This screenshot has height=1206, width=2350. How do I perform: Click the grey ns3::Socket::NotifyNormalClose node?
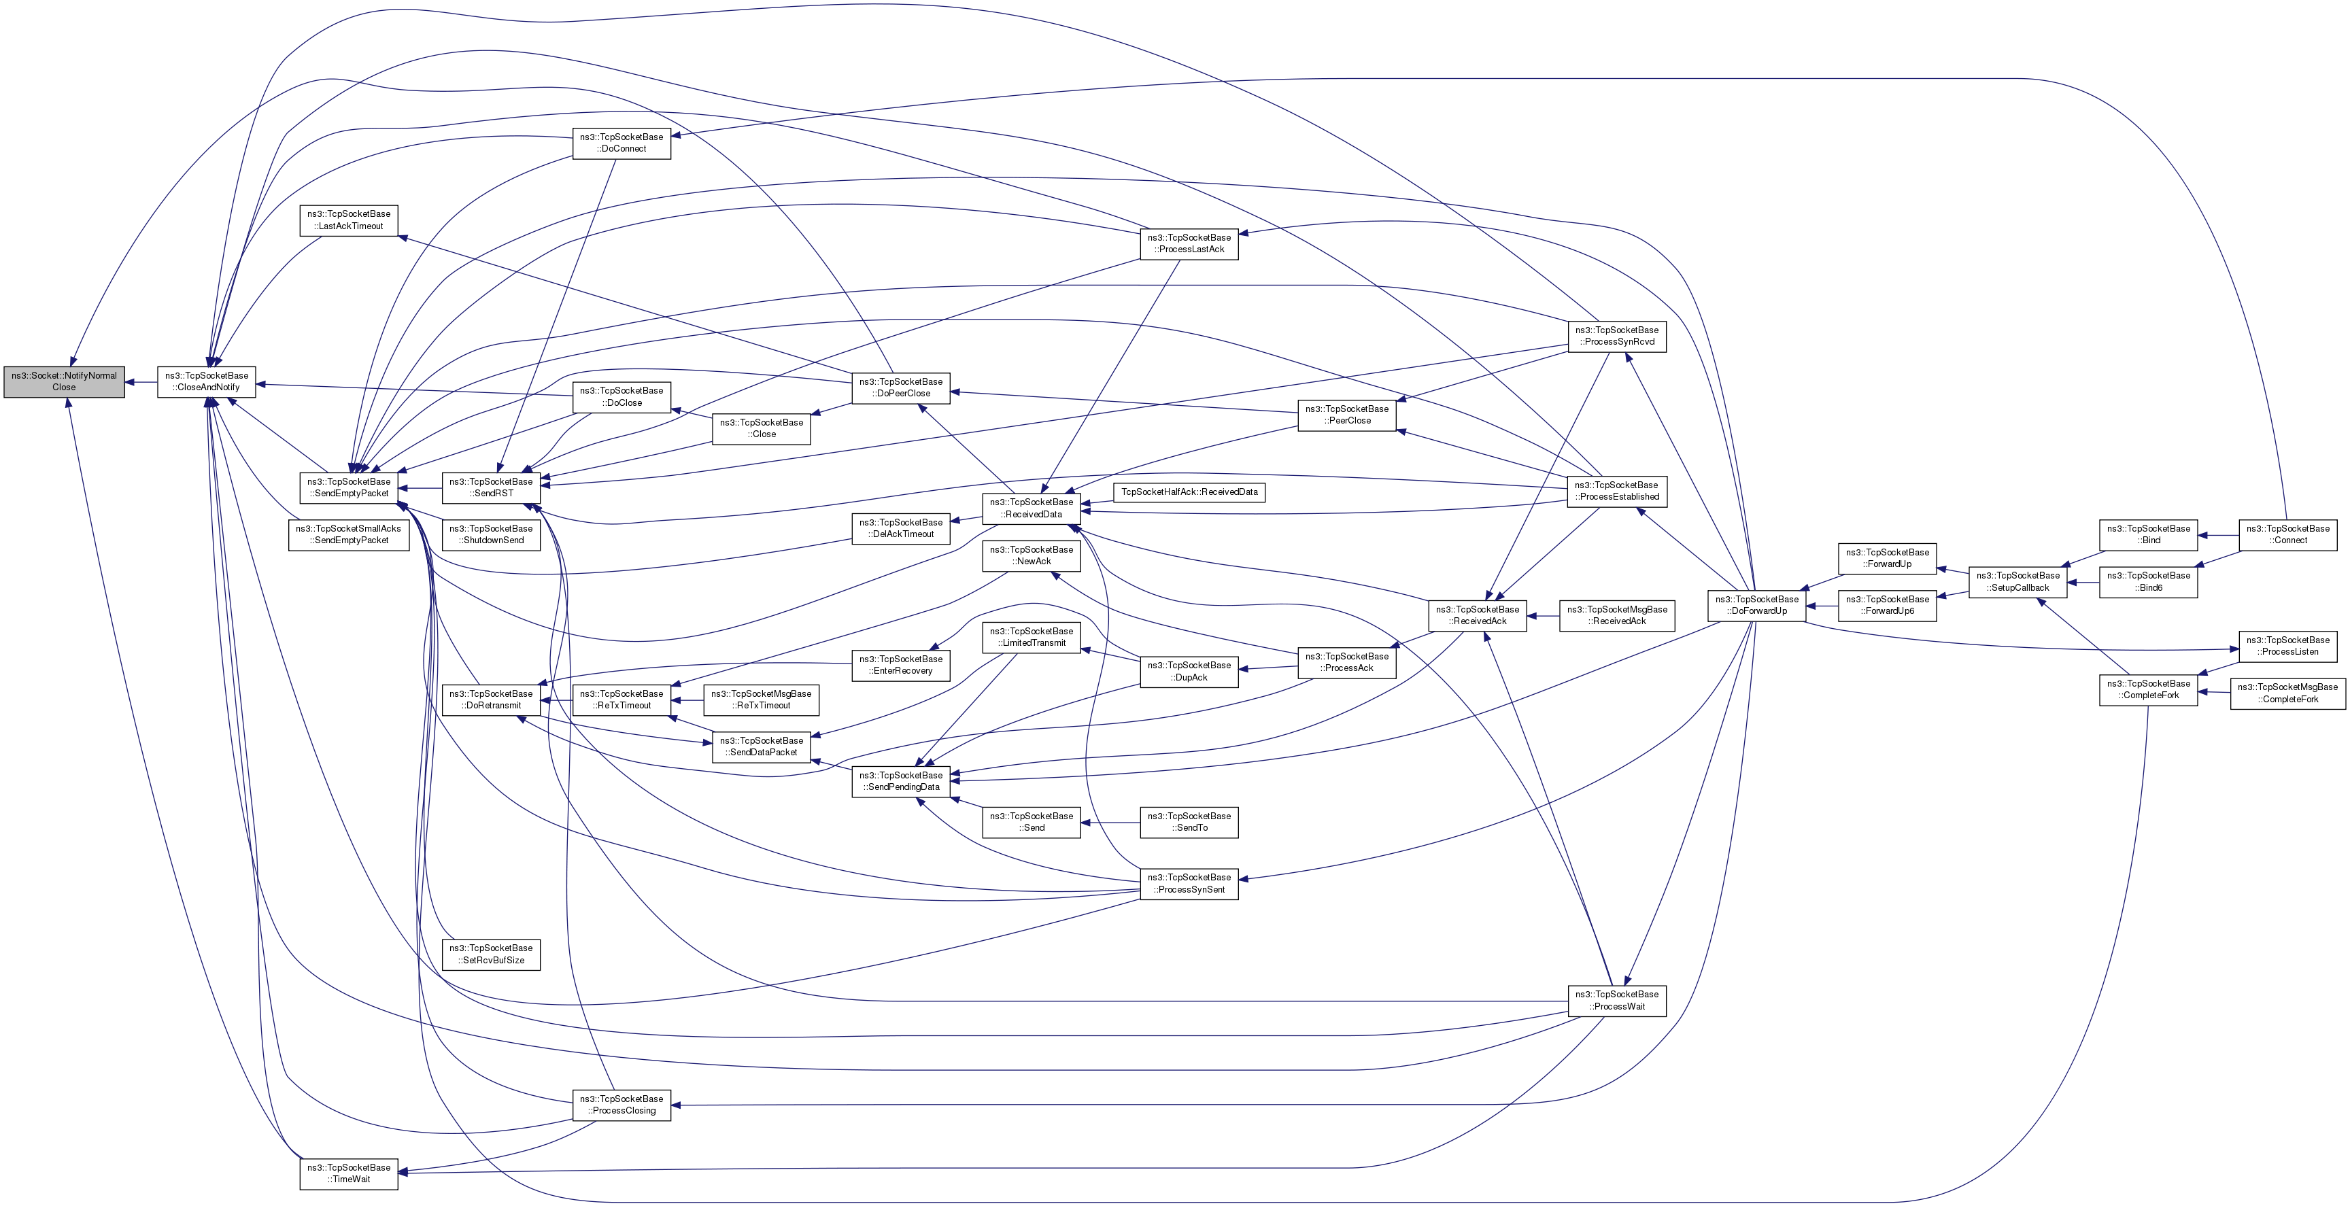64,381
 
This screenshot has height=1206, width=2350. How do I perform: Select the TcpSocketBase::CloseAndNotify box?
206,381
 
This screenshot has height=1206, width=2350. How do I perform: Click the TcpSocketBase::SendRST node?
491,487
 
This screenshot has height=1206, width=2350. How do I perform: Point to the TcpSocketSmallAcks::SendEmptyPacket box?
348,534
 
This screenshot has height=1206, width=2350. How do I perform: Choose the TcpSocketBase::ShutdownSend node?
491,534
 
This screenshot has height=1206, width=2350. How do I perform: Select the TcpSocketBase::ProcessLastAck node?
1189,243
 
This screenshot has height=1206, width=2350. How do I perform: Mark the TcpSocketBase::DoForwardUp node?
1756,605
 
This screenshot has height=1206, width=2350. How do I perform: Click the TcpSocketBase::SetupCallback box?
2018,581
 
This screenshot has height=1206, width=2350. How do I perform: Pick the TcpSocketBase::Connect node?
2288,534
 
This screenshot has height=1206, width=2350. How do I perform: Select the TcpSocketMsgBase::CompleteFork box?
2287,693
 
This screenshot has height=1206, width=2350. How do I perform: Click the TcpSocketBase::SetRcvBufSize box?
491,954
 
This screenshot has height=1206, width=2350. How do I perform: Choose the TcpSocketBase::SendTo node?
1189,822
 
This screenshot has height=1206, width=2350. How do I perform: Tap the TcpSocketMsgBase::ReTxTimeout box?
761,700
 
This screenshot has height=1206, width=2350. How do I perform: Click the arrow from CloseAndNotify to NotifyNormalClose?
141,382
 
